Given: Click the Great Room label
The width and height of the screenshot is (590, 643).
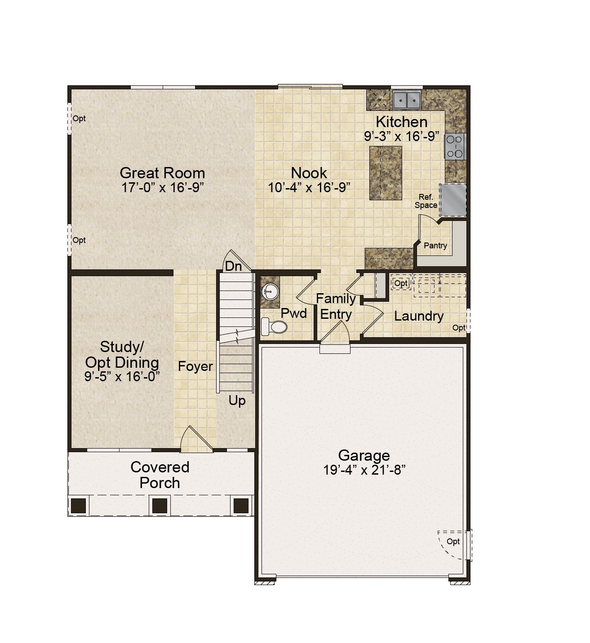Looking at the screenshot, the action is (x=162, y=173).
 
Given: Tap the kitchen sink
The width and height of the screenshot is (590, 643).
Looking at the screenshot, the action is (x=407, y=100).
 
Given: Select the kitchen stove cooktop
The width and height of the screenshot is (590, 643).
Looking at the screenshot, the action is (x=455, y=147).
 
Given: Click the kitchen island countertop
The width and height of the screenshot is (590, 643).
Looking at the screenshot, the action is (x=386, y=173).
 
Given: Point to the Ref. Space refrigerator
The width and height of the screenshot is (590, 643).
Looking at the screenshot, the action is (x=452, y=200).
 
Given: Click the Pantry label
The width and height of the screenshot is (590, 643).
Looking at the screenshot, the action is (x=435, y=246).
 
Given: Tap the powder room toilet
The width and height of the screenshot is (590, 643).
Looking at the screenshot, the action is (x=274, y=326).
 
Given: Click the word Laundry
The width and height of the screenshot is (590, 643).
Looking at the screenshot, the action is (x=419, y=316).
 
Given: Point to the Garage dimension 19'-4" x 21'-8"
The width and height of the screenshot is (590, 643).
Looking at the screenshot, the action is (x=364, y=470).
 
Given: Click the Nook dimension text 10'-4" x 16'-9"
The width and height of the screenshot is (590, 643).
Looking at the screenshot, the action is (x=309, y=188).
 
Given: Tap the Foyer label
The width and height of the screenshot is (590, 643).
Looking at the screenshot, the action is (x=195, y=366).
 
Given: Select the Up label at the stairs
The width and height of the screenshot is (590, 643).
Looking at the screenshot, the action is (x=237, y=401).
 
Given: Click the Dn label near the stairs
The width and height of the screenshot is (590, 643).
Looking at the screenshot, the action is (x=233, y=266).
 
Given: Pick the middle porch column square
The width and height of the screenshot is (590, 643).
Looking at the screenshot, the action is (x=160, y=506).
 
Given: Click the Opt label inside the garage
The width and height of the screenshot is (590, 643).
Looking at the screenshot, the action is (x=453, y=542).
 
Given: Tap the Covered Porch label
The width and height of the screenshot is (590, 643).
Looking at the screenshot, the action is (x=160, y=475).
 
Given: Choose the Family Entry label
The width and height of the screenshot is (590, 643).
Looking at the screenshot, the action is (x=336, y=306).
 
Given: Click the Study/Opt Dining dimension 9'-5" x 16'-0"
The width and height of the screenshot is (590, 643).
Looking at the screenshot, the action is (x=122, y=376).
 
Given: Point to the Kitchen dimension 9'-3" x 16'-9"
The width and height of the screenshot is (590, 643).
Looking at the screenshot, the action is (x=402, y=136).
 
